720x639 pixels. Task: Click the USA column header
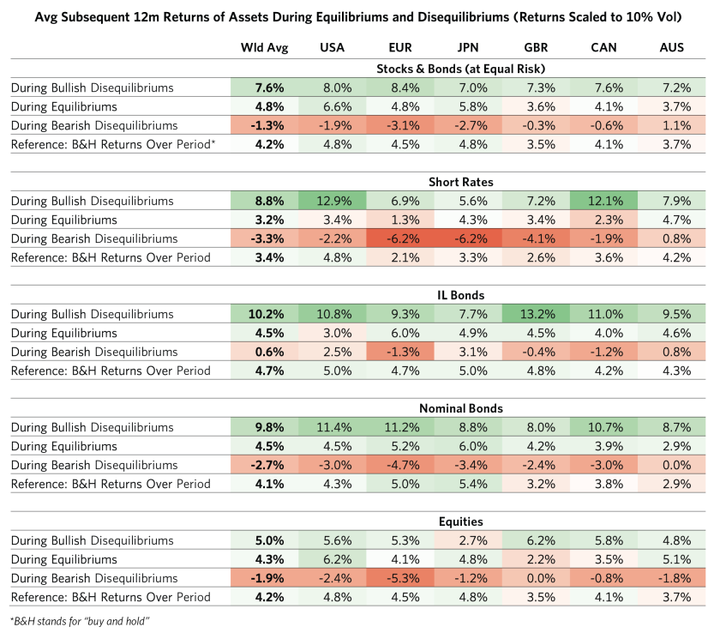(x=332, y=48)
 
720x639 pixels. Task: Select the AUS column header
(x=672, y=48)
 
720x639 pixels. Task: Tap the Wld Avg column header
(x=264, y=48)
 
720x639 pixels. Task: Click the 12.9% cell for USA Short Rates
(x=332, y=201)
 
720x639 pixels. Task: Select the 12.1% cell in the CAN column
(x=604, y=201)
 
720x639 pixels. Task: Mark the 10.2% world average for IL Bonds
(x=264, y=314)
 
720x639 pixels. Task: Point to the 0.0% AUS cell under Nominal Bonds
(x=672, y=465)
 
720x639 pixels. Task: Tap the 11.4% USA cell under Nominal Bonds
(x=332, y=427)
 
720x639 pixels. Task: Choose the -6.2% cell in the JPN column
(x=468, y=238)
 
